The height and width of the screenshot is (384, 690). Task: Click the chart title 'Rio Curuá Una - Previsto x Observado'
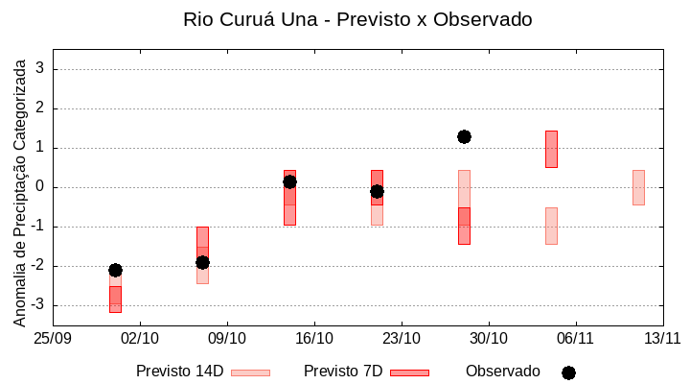[x=357, y=19]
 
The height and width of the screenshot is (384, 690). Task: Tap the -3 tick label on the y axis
[x=38, y=305]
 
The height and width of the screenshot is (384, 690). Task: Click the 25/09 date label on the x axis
[x=53, y=338]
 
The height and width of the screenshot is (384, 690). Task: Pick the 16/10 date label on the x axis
[x=314, y=338]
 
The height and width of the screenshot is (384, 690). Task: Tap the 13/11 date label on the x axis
[x=662, y=338]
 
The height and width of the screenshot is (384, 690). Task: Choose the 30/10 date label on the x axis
[x=489, y=338]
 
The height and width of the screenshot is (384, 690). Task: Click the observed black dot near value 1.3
[x=464, y=136]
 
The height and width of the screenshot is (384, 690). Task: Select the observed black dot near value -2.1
[x=115, y=270]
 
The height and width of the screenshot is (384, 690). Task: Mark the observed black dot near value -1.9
[x=202, y=262]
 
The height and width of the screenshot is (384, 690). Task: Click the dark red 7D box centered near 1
[x=551, y=149]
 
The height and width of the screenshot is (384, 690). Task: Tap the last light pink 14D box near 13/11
[x=638, y=187]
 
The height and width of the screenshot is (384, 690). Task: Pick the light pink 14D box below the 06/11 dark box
[x=551, y=226]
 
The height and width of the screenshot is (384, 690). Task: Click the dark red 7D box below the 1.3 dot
[x=464, y=226]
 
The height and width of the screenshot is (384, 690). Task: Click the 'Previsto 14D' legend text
[x=180, y=372]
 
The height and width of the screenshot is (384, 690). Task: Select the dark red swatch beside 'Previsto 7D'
[x=409, y=372]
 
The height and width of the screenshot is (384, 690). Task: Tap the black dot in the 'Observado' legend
[x=568, y=372]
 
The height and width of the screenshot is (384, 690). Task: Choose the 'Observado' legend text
[x=503, y=372]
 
